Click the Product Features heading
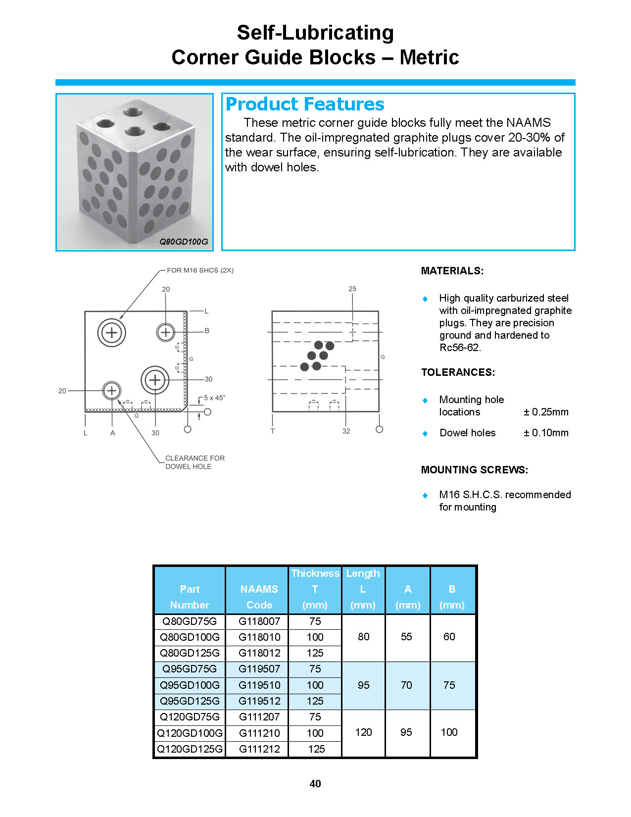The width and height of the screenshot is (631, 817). [304, 104]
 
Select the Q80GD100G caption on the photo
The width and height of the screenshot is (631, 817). [183, 242]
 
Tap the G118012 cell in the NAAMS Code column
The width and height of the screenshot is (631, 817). [259, 653]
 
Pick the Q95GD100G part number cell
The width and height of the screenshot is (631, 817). [190, 685]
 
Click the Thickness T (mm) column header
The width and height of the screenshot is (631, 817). [315, 589]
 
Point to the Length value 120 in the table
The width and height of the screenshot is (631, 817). [363, 732]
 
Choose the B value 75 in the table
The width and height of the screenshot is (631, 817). [449, 685]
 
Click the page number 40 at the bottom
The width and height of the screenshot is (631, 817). [315, 783]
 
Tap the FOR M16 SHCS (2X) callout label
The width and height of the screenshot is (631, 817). [200, 270]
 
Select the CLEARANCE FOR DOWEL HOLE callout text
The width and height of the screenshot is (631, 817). [194, 462]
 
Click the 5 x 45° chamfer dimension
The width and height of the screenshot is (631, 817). [214, 398]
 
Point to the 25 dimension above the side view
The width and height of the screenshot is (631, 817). [352, 289]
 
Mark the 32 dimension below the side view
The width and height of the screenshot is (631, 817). [346, 431]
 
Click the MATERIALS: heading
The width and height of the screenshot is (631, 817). [452, 271]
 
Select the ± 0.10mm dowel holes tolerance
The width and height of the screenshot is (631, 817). [546, 433]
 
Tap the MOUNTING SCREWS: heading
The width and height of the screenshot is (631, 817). [474, 469]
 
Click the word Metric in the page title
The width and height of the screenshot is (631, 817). [429, 57]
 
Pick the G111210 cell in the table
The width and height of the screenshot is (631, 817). [259, 733]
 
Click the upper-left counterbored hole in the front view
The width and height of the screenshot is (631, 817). [112, 332]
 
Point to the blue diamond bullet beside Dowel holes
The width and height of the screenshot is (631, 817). [425, 433]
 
